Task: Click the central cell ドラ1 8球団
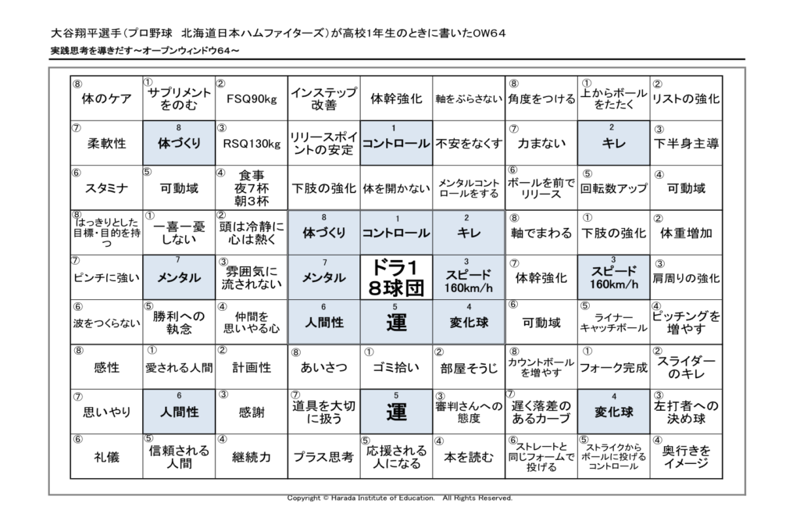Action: pos(396,277)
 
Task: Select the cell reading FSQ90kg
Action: pos(252,98)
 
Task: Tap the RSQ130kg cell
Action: pos(252,144)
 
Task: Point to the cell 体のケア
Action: pos(106,98)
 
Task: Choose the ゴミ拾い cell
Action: pos(396,367)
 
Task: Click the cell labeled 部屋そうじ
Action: pos(469,367)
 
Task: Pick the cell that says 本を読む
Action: pos(469,457)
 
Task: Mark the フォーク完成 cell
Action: pos(614,367)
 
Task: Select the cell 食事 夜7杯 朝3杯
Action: pos(252,187)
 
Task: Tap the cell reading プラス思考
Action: pos(324,457)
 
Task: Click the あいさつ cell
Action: pos(324,367)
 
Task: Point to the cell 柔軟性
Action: pos(106,144)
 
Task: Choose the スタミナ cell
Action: pos(106,187)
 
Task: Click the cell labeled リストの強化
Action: pos(686,98)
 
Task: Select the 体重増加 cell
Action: pos(686,233)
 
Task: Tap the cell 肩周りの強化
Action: pos(686,277)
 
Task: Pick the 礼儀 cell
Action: pos(106,457)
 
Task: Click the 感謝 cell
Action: pos(252,412)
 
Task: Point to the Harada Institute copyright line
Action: pos(399,498)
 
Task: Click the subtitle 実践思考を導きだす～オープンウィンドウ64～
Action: pos(145,51)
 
